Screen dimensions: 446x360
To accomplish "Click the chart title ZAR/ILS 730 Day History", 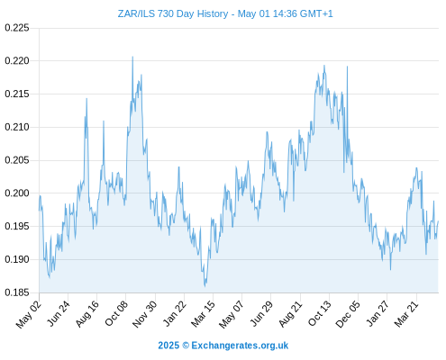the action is tap(173, 13).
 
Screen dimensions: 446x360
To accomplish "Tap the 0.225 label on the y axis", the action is tap(17, 28).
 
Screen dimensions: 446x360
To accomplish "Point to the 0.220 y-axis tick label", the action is tap(17, 61).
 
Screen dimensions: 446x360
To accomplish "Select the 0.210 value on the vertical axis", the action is tap(17, 127).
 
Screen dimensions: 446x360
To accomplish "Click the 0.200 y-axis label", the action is tap(17, 193).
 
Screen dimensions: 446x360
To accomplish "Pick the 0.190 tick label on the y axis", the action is tap(17, 259).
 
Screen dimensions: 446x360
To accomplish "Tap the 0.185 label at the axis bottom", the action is tap(17, 292).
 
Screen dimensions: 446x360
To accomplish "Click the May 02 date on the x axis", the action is tap(29, 314).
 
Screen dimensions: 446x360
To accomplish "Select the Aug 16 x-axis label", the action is tap(86, 314).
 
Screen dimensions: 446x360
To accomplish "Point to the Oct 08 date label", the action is tap(116, 313).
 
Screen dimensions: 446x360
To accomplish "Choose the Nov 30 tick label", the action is tap(144, 314).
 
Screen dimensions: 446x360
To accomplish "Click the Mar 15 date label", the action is tap(203, 314).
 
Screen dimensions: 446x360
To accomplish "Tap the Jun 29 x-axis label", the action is tap(261, 313).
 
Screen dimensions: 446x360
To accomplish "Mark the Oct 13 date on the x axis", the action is tap(320, 313).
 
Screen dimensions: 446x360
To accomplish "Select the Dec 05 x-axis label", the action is tap(348, 314).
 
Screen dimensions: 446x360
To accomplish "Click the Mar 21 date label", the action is tap(406, 314).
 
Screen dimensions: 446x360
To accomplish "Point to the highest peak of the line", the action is tap(132, 57).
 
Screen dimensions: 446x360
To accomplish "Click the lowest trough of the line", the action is tap(205, 286).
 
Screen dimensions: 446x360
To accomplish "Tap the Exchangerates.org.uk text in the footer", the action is tap(240, 346).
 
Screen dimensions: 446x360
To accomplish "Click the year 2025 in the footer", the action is tap(168, 346).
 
